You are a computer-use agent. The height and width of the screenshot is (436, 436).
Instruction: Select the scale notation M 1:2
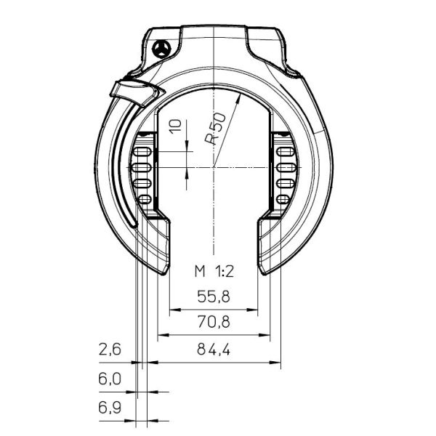[213, 272]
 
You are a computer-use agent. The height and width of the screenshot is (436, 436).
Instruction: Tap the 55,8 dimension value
[213, 296]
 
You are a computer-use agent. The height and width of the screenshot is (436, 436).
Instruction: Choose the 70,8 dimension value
[213, 321]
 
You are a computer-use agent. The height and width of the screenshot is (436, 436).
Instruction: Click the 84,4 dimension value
[213, 350]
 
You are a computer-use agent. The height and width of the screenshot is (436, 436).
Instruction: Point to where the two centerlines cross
[214, 168]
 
